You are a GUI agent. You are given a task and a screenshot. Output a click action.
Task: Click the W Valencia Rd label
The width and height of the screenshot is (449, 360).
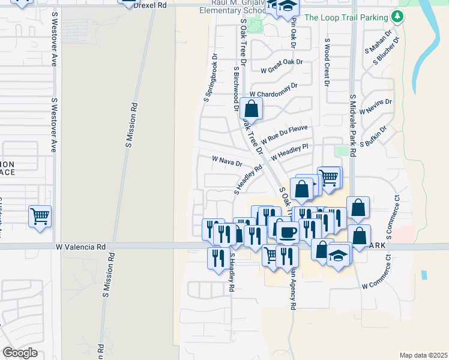coord(80,247)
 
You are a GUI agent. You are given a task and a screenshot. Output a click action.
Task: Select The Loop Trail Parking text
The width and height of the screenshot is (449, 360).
coord(346,17)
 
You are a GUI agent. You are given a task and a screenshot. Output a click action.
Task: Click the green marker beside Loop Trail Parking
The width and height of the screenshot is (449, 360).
coord(396,17)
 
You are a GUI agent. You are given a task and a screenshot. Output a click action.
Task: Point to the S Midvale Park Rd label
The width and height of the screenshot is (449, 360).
coord(353,126)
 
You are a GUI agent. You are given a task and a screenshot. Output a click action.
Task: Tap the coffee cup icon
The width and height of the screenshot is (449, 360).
coord(287,231)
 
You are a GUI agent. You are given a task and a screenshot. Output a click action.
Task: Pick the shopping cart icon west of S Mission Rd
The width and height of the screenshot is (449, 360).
coord(40,215)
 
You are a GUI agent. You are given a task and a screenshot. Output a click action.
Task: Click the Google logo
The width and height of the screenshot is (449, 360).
coord(20,353)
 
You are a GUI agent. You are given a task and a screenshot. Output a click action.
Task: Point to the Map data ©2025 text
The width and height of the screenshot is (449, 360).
coord(423,355)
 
